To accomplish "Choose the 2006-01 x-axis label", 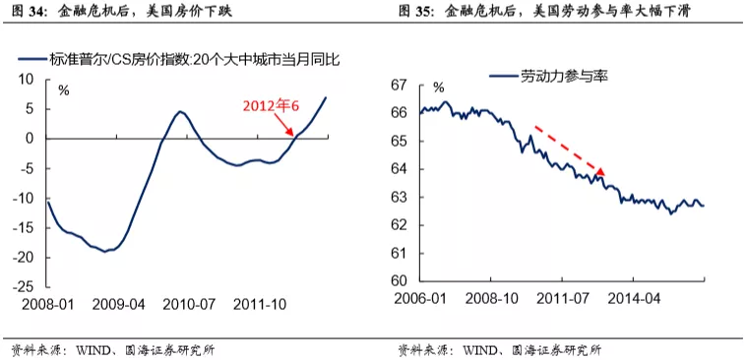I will click(x=422, y=298).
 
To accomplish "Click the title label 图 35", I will click(x=417, y=13).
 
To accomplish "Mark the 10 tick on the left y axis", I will click(x=30, y=79).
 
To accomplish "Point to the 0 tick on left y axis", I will click(x=32, y=138).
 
